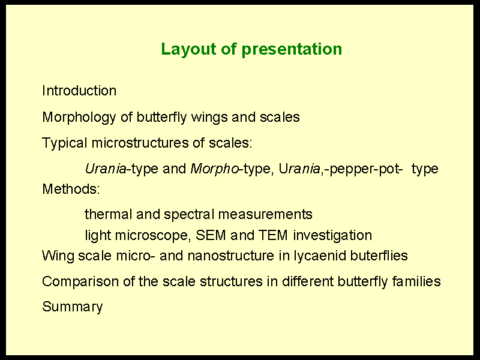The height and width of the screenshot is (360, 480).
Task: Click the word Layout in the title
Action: pos(188,49)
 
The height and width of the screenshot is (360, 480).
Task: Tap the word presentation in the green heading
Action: pos(292,49)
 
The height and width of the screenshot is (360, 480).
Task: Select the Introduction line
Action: pos(79,91)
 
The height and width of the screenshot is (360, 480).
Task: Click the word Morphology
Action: pos(79,118)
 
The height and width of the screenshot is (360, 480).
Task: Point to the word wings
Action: pos(209,118)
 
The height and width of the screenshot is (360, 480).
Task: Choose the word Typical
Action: pos(65,143)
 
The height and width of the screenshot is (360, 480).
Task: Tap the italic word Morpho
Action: pos(214,169)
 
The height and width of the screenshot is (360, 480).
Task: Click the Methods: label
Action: pos(71,189)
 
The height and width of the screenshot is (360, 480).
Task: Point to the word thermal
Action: pos(109,214)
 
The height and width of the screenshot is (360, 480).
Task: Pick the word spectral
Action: pos(189,215)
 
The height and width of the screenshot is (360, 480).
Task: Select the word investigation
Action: pos(332,236)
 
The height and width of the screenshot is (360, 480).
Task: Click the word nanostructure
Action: pos(231,256)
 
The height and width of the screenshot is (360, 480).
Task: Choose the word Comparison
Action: pos(80,281)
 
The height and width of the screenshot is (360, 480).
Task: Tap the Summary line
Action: pos(73,307)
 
